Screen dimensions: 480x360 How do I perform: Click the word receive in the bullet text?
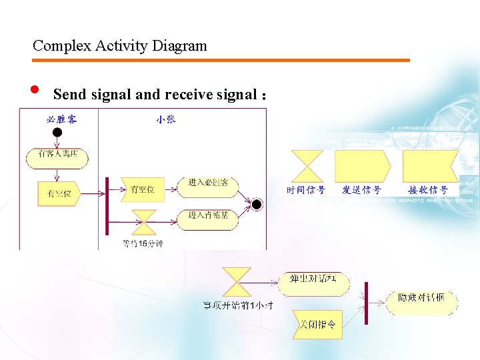pyautogui.click(x=189, y=95)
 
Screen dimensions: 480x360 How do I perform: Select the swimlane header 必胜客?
pyautogui.click(x=61, y=119)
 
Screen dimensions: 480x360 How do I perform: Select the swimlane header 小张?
pyautogui.click(x=166, y=119)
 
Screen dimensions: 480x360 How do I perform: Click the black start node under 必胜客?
pyautogui.click(x=57, y=133)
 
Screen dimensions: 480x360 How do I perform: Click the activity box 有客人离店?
pyautogui.click(x=57, y=155)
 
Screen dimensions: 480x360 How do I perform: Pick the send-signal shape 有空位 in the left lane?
pyautogui.click(x=59, y=193)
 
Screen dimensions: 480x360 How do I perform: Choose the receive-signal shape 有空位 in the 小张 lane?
pyautogui.click(x=141, y=190)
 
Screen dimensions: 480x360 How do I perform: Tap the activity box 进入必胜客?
pyautogui.click(x=207, y=183)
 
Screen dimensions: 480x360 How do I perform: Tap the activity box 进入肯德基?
pyautogui.click(x=207, y=216)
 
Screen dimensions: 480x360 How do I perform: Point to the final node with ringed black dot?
pyautogui.click(x=256, y=204)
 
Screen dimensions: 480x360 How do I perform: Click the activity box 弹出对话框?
pyautogui.click(x=318, y=281)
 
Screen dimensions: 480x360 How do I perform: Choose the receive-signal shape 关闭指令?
pyautogui.click(x=318, y=325)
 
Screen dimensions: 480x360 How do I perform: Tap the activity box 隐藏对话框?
pyautogui.click(x=421, y=297)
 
